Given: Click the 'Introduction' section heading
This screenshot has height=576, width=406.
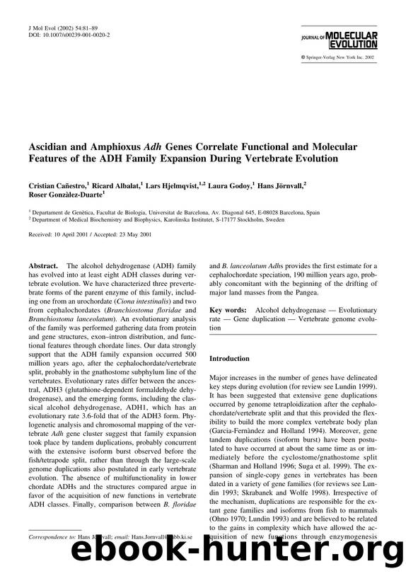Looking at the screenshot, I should click(229, 359).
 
